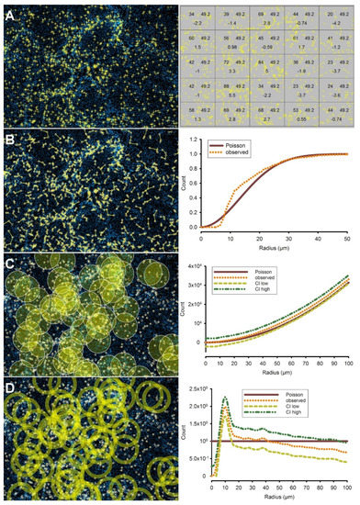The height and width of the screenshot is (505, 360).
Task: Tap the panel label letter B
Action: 7,140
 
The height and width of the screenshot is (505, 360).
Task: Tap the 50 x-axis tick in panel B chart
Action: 354,237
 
